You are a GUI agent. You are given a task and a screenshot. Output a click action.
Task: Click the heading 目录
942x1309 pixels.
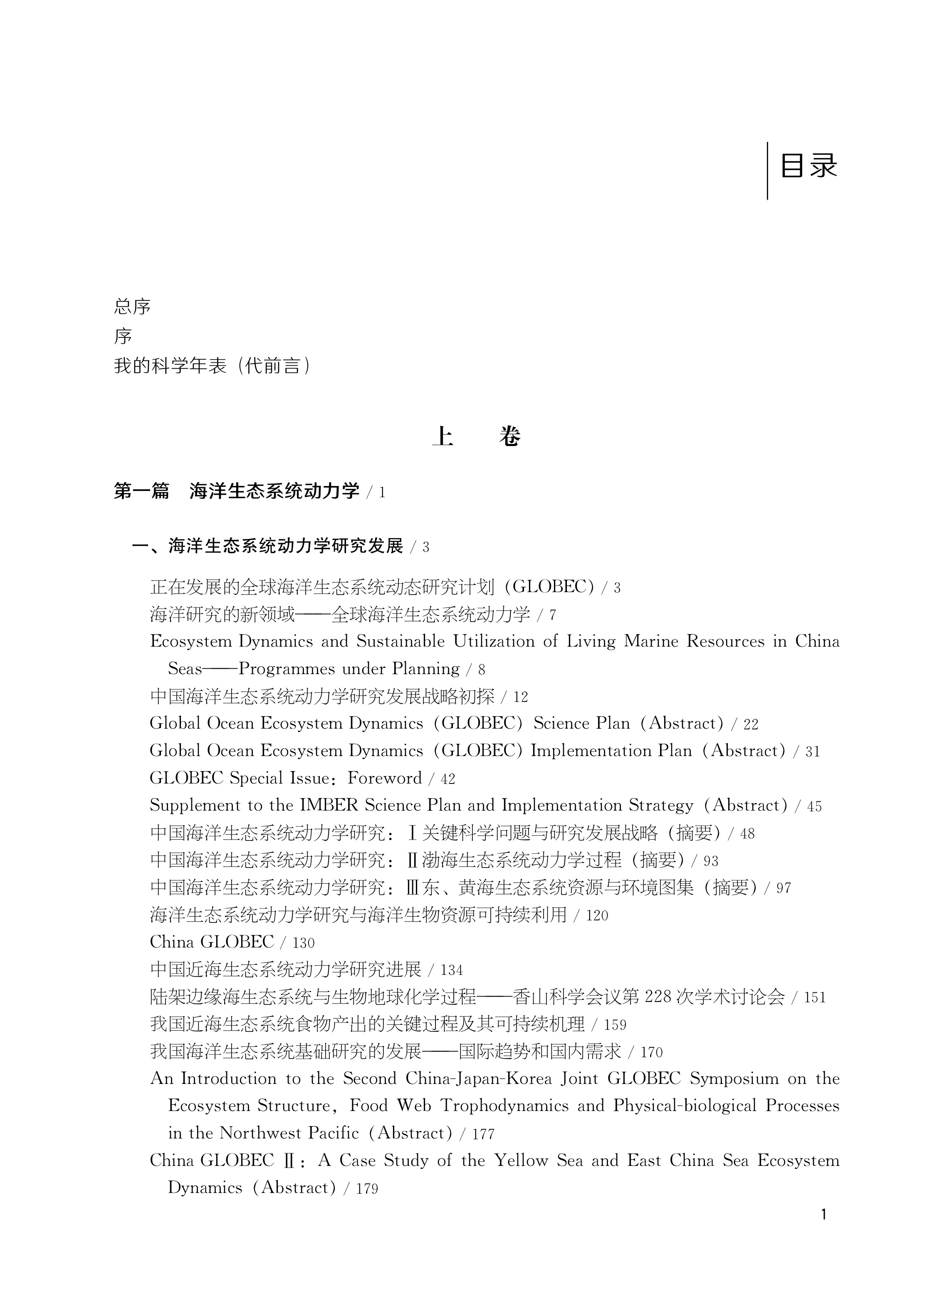click(808, 166)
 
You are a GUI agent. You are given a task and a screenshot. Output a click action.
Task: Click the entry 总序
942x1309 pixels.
click(132, 307)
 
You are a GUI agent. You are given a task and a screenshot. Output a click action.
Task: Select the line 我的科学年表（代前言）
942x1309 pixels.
click(212, 366)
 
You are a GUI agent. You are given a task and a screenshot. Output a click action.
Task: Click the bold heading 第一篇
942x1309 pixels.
click(141, 491)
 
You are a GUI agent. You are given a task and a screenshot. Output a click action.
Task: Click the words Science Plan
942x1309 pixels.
click(581, 724)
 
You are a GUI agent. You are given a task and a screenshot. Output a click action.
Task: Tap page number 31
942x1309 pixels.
click(813, 751)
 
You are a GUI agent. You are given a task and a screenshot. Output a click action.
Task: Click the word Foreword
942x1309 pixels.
click(384, 778)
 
